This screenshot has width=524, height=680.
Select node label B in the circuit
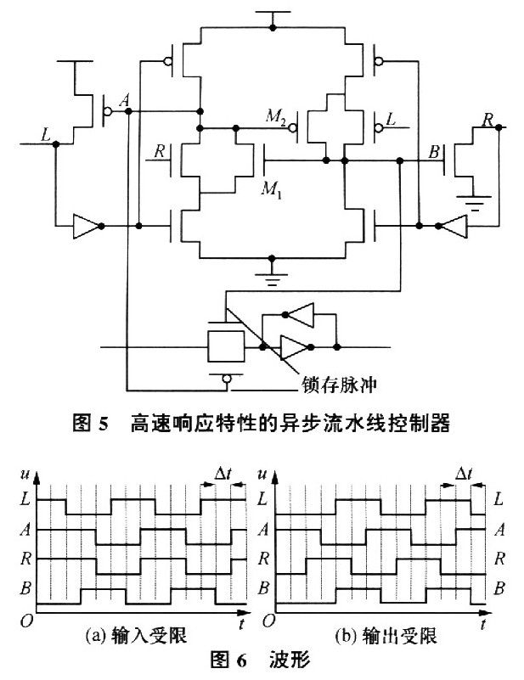pos(435,154)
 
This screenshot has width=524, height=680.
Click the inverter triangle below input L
pos(86,227)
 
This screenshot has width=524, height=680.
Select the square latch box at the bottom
pos(225,346)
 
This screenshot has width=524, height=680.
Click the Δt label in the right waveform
pos(464,473)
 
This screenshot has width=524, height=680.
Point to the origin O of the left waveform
pos(29,622)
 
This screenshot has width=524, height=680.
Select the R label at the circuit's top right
pos(487,120)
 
